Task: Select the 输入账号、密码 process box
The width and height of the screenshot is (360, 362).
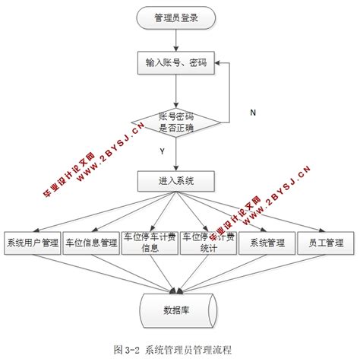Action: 175,62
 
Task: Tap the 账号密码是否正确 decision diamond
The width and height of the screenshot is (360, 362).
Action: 175,122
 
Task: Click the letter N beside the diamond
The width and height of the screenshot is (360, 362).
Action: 254,113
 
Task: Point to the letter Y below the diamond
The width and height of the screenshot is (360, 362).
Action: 162,151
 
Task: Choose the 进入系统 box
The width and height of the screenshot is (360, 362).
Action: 175,181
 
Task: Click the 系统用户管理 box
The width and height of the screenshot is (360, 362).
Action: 32,243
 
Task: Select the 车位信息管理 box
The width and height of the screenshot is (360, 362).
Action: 90,243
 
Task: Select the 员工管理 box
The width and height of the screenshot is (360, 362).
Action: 324,243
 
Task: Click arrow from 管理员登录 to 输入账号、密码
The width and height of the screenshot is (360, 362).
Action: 175,40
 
